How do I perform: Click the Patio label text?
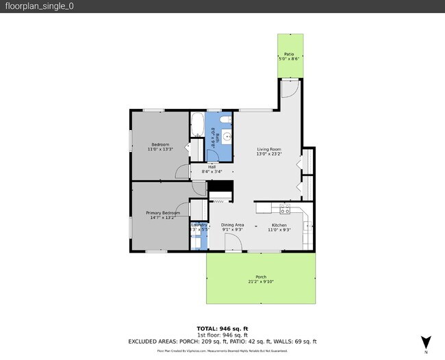tap(289, 53)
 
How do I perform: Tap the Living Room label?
tap(269, 149)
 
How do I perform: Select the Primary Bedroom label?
tap(163, 213)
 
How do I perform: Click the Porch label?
tap(261, 277)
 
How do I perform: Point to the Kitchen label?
tap(279, 224)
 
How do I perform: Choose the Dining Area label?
tap(233, 224)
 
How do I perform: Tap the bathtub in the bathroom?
tap(197, 124)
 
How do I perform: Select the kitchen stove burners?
tap(285, 209)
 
